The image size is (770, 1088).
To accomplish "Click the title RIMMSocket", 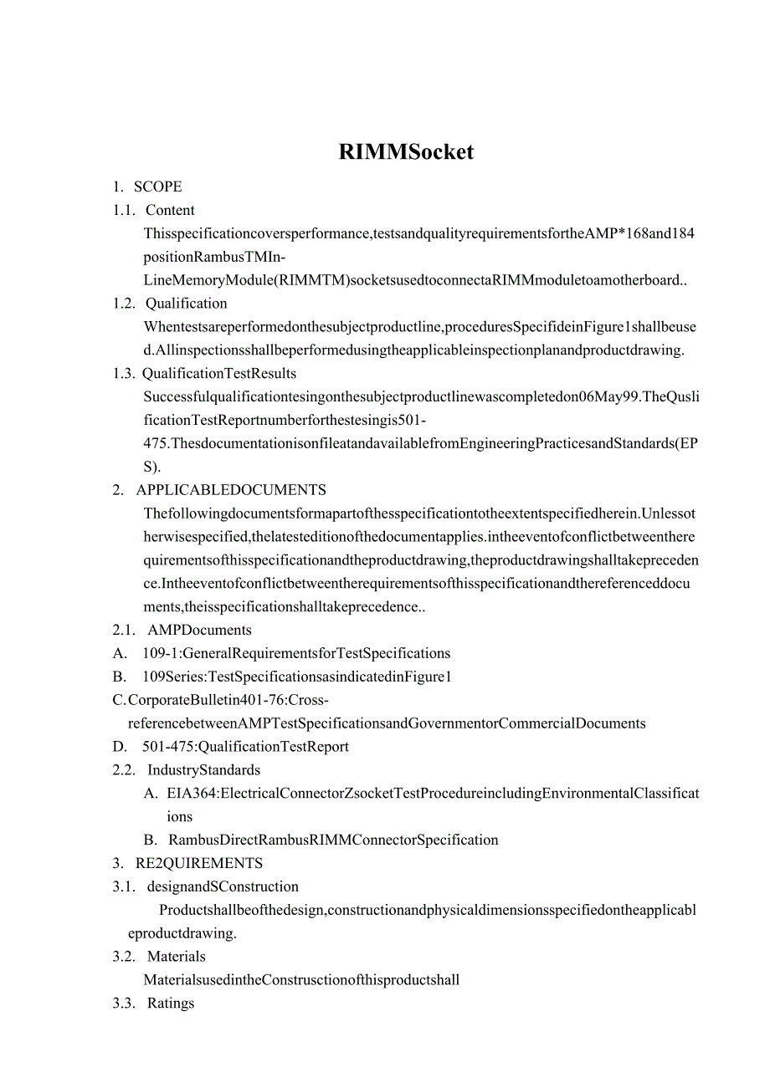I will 406,151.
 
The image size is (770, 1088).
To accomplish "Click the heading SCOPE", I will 157,186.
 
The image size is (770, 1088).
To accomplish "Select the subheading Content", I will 170,210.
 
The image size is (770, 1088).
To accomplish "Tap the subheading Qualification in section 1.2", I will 186,303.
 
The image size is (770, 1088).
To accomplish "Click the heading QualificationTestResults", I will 218,373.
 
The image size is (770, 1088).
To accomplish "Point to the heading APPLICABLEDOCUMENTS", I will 231,490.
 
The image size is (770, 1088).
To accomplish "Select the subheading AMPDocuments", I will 199,630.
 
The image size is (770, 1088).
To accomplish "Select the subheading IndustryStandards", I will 203,769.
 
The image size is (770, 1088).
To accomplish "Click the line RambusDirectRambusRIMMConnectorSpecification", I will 333,840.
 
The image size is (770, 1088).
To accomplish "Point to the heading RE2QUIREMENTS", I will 199,863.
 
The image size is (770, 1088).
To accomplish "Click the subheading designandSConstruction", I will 223,886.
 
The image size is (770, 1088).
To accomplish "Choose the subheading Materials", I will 176,956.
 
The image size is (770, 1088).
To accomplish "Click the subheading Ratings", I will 171,1003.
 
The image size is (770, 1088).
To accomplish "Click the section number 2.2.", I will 124,769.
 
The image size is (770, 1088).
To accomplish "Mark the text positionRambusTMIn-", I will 215,257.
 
